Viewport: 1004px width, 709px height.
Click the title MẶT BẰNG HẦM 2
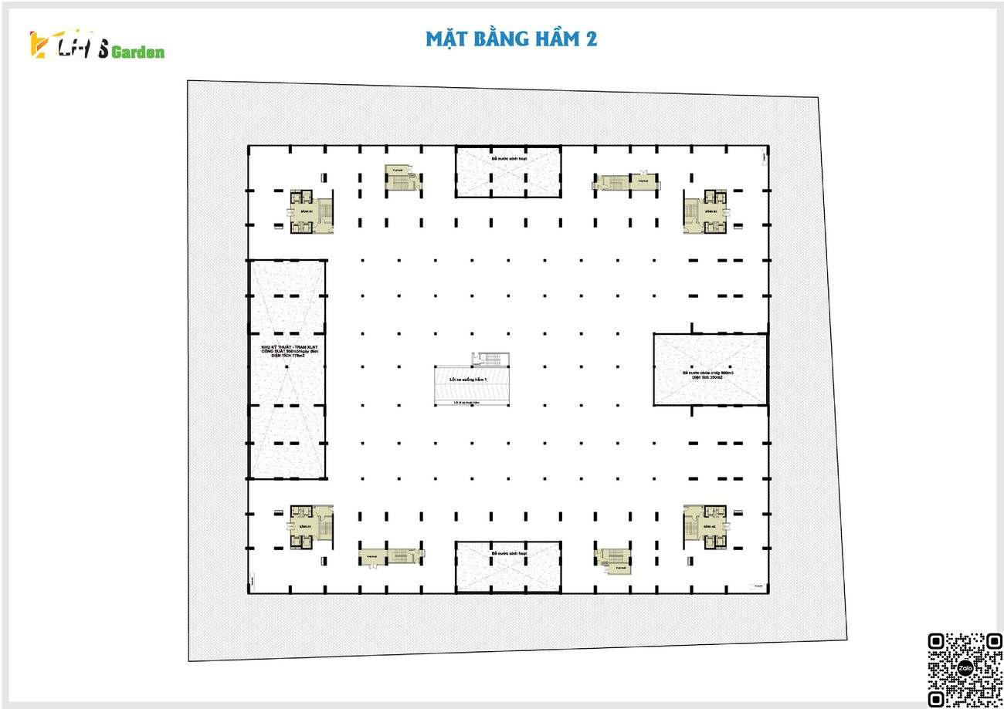tap(510, 38)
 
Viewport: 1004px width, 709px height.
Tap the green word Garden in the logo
tap(137, 52)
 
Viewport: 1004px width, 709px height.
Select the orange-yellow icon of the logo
tap(38, 44)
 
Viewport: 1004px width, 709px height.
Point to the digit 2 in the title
tap(590, 39)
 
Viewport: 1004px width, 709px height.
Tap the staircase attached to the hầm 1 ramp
tap(489, 359)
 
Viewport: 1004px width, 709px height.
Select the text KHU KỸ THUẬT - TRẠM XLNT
tap(289, 347)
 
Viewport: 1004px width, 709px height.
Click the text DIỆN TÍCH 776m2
tap(289, 356)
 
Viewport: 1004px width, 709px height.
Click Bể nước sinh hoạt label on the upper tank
tap(507, 159)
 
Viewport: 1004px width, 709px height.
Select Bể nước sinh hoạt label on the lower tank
tap(507, 554)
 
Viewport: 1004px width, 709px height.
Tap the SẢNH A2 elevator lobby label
tap(711, 526)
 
